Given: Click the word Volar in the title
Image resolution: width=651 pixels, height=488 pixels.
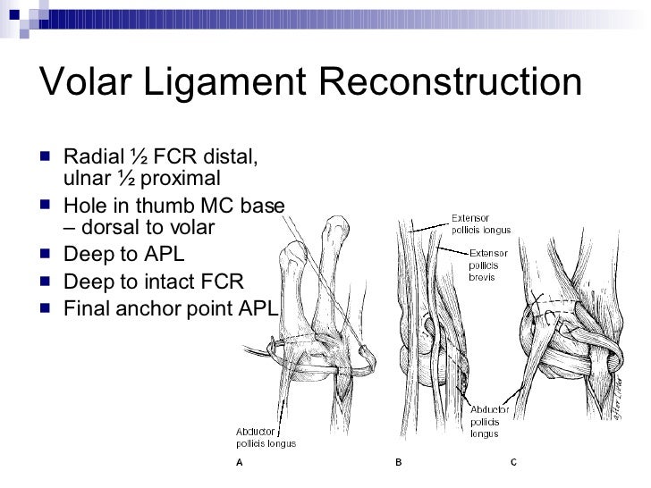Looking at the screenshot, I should pos(92,85).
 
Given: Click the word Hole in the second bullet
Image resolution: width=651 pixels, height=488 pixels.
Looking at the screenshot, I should pos(83,206).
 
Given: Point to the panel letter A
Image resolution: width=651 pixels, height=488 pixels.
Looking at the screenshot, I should pos(239,463).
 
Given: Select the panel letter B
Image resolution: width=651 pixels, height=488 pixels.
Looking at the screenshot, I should pos(399,463).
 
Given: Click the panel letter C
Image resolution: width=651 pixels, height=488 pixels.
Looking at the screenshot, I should pos(513,463).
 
